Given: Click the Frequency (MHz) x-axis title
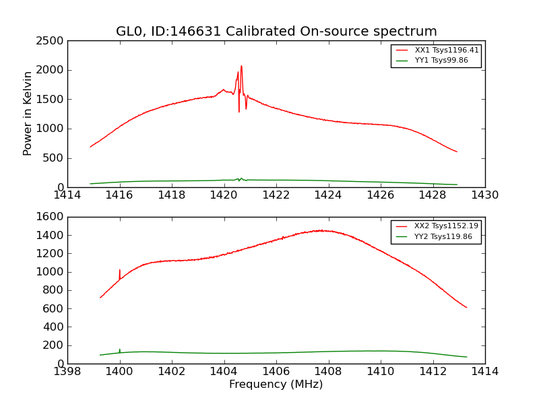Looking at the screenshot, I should tap(276, 384).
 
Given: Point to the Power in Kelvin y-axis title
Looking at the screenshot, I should tap(28, 113).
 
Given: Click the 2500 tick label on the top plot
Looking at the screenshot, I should tap(51, 41).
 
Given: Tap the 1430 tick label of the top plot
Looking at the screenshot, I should tap(484, 195).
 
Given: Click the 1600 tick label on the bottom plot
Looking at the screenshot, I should tap(51, 217).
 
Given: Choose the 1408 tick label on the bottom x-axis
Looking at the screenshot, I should tap(328, 372).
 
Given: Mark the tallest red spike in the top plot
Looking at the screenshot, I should tap(241, 67).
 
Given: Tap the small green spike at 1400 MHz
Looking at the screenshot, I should tap(120, 349).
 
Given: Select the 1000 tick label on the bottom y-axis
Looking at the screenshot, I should tap(51, 272).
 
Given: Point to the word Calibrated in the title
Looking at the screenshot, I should tap(259, 32).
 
